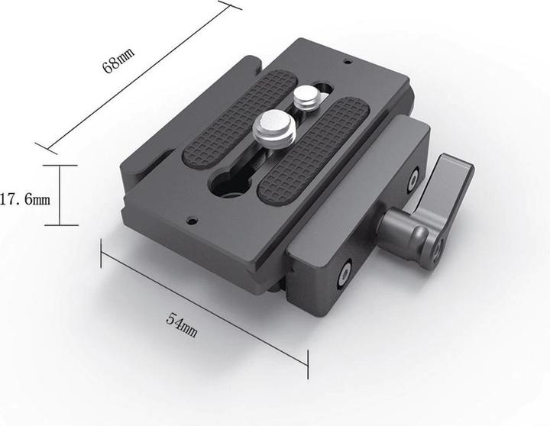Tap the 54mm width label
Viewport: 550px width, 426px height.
182,326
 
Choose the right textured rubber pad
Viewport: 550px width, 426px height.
313,150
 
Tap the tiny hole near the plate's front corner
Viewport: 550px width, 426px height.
192,221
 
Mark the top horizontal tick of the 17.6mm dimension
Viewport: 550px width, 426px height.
60,165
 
